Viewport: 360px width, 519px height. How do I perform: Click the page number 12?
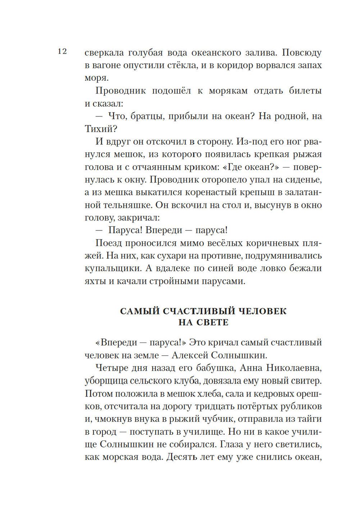point(62,52)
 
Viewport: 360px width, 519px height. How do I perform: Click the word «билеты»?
point(305,91)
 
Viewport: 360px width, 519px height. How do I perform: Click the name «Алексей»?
point(190,355)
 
